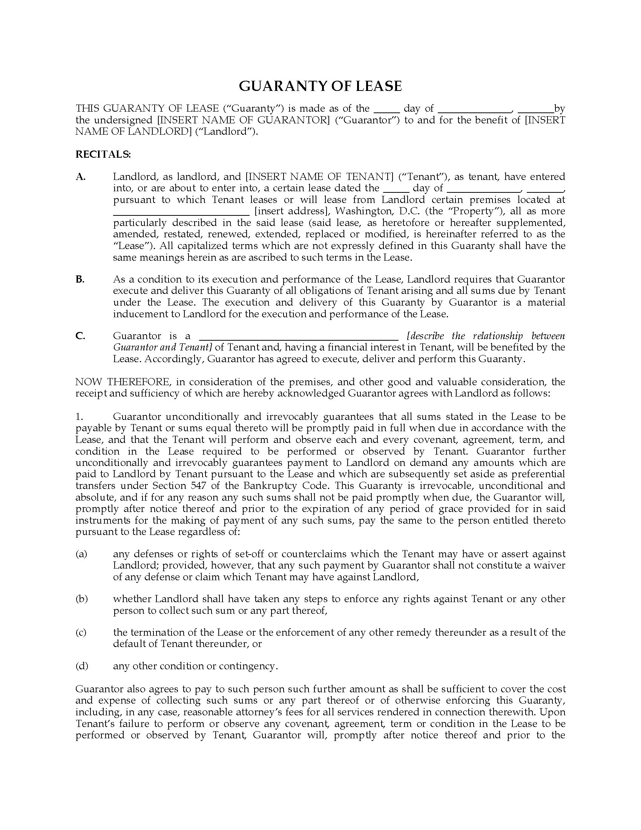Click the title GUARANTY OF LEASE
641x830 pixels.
point(320,86)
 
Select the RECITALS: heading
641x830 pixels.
point(103,154)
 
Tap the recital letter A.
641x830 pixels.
point(81,177)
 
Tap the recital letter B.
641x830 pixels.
point(80,279)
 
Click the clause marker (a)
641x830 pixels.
point(81,554)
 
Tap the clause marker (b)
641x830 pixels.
point(82,599)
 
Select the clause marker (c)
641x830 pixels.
point(81,632)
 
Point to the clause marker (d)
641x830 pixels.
point(82,666)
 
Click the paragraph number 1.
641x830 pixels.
point(79,417)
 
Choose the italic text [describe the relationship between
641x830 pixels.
point(486,336)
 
